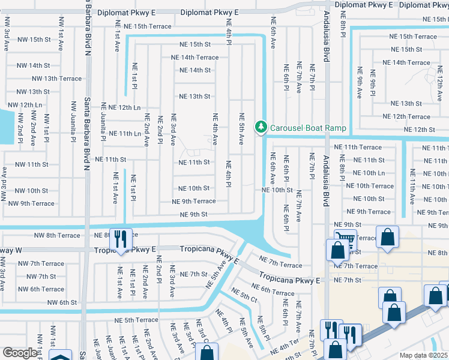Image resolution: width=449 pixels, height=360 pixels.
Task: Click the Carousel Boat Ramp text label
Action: (308, 128)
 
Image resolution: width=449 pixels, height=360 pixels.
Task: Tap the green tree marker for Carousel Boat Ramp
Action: (261, 127)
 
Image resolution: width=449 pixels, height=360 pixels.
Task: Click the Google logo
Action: (20, 353)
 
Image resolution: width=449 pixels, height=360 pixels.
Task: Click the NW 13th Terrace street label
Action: (57, 79)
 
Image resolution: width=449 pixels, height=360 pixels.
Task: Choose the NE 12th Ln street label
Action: (121, 107)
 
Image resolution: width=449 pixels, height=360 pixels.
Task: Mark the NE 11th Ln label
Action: (124, 133)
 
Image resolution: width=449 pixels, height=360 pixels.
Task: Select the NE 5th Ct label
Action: (245, 296)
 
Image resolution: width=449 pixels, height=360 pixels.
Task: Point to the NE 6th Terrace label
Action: (273, 292)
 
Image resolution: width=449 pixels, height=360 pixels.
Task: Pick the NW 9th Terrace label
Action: (31, 203)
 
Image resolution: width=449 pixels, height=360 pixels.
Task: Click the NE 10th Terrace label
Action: (373, 186)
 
